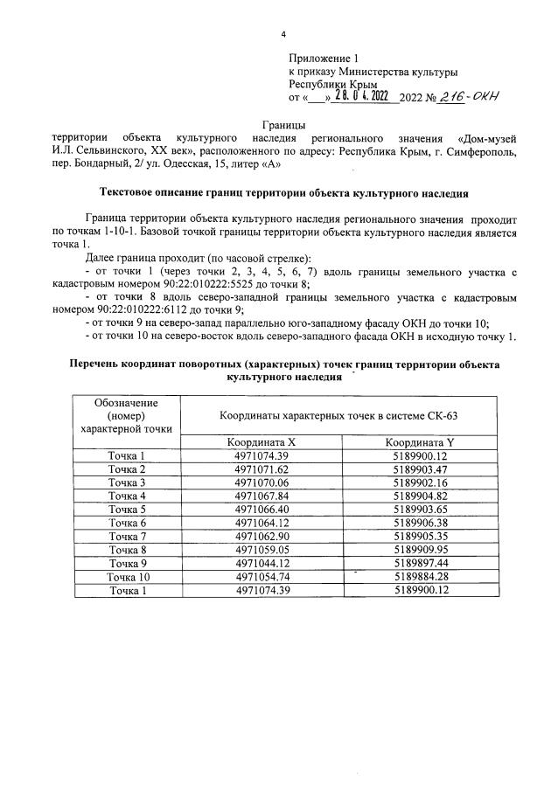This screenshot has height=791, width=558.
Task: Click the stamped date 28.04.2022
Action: pos(360,97)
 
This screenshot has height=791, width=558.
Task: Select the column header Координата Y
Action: pos(420,441)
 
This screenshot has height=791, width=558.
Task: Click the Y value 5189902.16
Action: pos(420,482)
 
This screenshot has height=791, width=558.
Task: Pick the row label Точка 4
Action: pos(126,496)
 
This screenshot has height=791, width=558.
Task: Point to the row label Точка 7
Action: pos(126,537)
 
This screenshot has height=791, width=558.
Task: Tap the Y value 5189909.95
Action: pos(420,550)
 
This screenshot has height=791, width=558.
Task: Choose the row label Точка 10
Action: pos(126,577)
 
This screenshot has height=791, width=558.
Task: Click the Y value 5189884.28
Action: pos(420,577)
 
